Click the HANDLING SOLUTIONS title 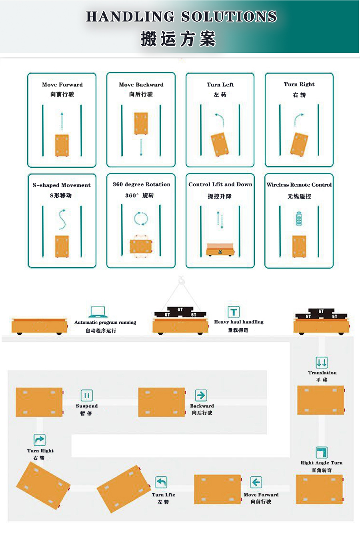(x=181, y=16)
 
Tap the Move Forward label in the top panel (x=62, y=84)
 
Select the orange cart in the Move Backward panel (x=141, y=123)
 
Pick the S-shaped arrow (x=62, y=219)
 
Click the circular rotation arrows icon (x=141, y=219)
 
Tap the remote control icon (x=299, y=219)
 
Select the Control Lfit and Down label (x=220, y=184)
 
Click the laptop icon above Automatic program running (x=98, y=312)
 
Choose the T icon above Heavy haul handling (x=234, y=311)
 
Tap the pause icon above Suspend (x=87, y=395)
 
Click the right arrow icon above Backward (x=201, y=395)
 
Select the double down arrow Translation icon (x=322, y=363)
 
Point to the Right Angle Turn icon (x=322, y=452)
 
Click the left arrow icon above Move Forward (x=256, y=482)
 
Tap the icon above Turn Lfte (x=161, y=482)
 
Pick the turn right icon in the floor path (x=40, y=440)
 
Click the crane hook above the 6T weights (x=181, y=280)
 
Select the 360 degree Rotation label (x=142, y=184)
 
